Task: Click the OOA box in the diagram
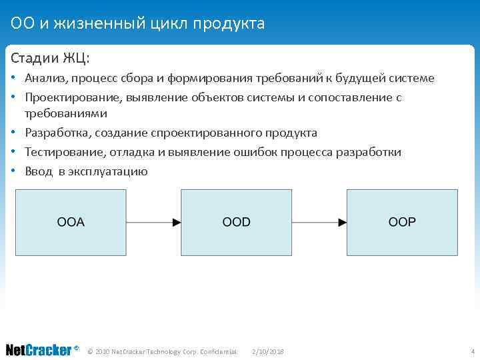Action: [71, 223]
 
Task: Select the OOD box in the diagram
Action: [237, 223]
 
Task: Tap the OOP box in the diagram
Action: [401, 223]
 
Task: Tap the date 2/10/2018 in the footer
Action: [268, 351]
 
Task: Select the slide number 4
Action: [472, 351]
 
